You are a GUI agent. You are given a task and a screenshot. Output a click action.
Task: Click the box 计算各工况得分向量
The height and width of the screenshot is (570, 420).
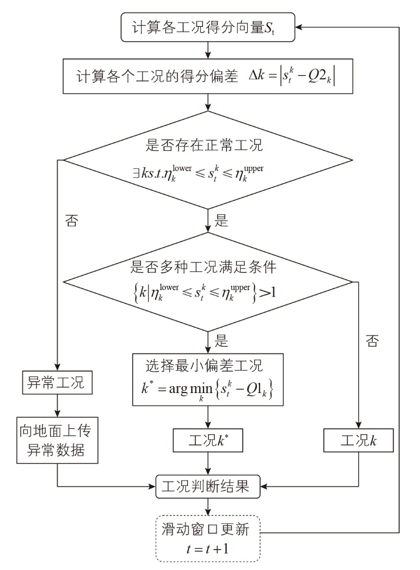pos(208,27)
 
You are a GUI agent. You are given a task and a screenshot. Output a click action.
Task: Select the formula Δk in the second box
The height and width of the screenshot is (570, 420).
pos(292,77)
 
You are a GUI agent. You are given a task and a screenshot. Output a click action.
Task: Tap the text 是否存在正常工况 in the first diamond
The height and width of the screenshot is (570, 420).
pos(204,145)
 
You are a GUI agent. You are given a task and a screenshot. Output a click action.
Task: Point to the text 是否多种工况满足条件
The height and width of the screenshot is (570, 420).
pos(204,267)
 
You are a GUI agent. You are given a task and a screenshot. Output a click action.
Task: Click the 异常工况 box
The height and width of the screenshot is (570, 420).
pos(57,382)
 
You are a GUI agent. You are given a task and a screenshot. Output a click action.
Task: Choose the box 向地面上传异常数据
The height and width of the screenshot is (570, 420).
pos(57,440)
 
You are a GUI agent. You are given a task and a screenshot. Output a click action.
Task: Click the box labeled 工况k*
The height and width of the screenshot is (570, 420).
pos(208,440)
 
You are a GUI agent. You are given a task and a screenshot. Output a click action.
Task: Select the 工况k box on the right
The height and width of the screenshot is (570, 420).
pos(358,440)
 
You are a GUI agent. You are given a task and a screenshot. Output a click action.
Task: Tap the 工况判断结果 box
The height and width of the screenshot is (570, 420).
pos(208,486)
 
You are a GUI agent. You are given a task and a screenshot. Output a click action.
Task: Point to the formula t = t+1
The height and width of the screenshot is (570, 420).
pos(207,549)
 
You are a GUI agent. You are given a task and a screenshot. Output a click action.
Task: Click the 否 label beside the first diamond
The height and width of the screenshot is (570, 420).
pos(71,221)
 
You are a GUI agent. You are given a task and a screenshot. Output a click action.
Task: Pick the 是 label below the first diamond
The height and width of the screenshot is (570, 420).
pos(221,220)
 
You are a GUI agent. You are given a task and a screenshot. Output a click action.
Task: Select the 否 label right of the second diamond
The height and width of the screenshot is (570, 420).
pos(372,341)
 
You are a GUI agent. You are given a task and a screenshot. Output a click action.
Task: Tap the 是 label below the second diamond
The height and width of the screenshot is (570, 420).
pos(221,341)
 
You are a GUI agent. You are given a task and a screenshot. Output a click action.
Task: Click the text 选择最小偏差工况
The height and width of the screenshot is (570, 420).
pos(204,366)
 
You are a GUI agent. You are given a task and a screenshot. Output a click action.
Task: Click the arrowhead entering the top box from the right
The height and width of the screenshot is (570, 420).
pos(299,27)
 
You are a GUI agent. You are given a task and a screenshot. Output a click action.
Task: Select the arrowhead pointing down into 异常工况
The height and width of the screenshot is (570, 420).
pos(57,367)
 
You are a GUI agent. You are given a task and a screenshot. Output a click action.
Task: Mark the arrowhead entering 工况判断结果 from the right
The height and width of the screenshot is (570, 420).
pos(264,486)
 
